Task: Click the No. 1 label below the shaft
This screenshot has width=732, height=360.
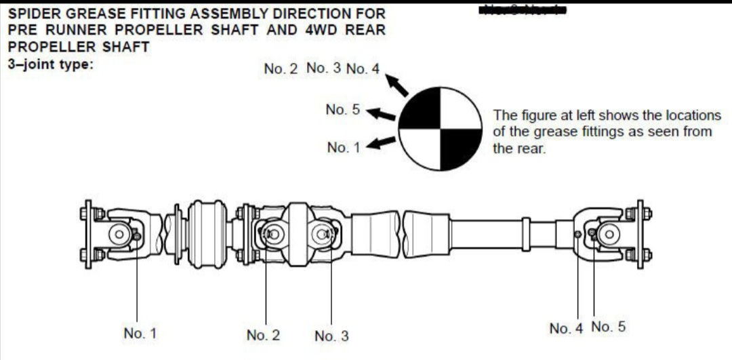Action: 140,333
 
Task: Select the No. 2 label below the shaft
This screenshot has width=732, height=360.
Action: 264,335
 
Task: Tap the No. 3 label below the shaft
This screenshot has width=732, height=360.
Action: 331,336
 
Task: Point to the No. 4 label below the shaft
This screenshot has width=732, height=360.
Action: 566,329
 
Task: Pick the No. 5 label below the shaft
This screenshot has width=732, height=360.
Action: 608,327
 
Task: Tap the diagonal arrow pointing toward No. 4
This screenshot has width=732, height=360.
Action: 398,85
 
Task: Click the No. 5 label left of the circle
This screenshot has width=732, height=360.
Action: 342,110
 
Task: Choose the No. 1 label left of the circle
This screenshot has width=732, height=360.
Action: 344,147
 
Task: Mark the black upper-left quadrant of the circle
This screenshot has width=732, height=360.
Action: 421,108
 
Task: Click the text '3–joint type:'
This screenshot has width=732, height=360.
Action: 49,64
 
